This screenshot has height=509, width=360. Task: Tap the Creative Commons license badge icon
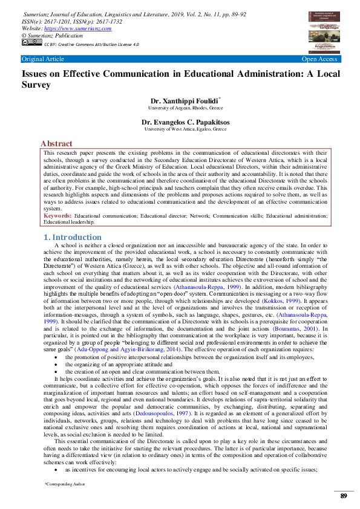(31, 43)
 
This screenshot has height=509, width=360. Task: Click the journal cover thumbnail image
(324, 30)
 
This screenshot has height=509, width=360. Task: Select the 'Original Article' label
(42, 59)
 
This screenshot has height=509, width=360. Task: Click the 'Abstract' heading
(56, 144)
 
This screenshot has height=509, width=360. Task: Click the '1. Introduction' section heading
(73, 237)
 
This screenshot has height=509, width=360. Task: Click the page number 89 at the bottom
(343, 496)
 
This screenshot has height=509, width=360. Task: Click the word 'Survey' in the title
(38, 85)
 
